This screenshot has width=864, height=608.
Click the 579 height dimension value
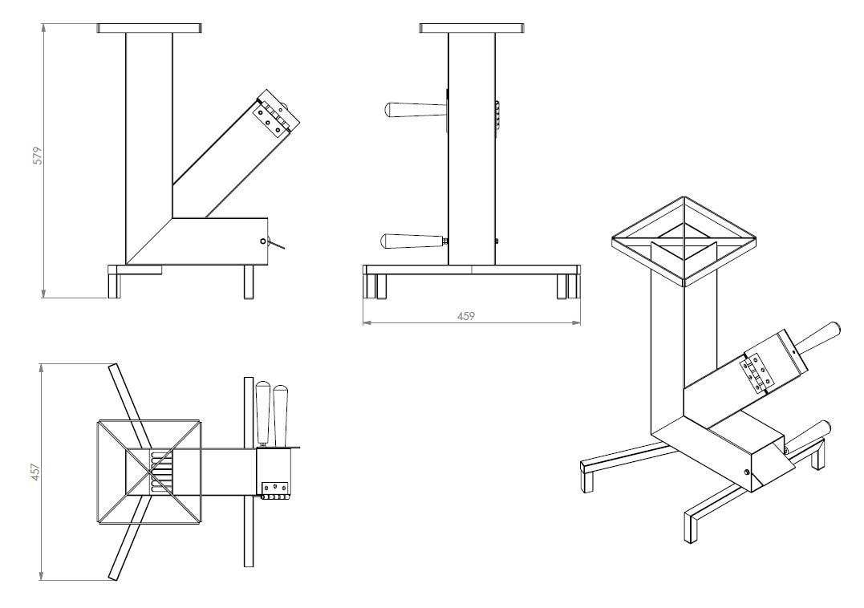coord(38,156)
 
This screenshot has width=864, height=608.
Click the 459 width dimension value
coord(465,316)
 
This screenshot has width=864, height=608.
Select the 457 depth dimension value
coord(35,472)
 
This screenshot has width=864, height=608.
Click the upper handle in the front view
coord(413,110)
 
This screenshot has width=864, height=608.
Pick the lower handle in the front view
coord(413,241)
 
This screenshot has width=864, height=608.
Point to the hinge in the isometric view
coord(757,374)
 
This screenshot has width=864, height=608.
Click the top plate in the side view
coord(148,28)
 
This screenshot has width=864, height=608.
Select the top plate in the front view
coord(472,28)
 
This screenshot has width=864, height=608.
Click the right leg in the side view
coord(249,282)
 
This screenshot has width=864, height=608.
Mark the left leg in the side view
coord(114,282)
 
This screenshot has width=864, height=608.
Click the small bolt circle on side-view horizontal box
coord(262,241)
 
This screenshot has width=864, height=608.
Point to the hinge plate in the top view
coord(274,488)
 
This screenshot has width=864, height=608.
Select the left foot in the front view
coord(375,286)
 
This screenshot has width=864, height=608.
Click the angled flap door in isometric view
coord(773,465)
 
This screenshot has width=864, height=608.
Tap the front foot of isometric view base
coord(691,527)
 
